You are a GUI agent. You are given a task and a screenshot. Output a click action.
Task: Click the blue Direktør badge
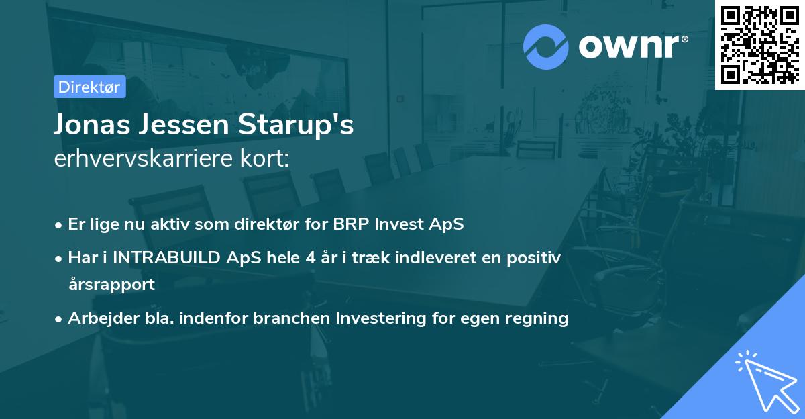90,87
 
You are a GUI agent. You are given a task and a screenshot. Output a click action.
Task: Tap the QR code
760,45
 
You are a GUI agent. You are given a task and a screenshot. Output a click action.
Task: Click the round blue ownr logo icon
545,47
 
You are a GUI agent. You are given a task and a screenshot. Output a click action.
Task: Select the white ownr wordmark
629,46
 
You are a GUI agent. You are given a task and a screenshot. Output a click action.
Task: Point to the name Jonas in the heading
92,124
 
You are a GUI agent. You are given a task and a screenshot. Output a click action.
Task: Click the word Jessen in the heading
184,124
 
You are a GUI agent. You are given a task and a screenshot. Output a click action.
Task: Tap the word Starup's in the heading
296,125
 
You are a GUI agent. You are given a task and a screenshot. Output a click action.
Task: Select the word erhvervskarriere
144,158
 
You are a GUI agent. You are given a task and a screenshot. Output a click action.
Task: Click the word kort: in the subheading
264,158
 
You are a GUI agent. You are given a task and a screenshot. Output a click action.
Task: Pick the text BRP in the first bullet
351,224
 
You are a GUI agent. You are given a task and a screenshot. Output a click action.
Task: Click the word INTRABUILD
166,258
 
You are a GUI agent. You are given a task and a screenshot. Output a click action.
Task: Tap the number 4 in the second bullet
311,258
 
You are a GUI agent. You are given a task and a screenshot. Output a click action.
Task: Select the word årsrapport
112,285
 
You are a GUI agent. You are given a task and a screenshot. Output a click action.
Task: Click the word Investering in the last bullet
381,318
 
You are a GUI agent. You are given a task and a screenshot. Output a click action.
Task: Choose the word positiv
534,259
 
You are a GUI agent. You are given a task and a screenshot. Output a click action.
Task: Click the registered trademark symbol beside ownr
684,38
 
